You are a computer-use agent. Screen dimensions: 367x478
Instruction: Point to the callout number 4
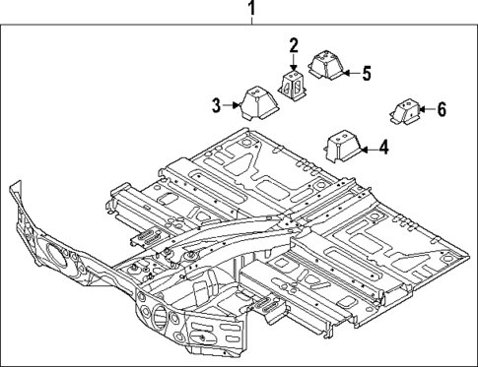[x=382, y=150]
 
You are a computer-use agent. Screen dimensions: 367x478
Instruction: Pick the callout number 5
[x=366, y=73]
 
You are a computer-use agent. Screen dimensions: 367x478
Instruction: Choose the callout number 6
[x=441, y=109]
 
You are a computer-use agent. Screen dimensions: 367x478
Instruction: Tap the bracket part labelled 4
[x=339, y=148]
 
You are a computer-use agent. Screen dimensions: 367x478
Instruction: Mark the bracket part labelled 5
[x=324, y=66]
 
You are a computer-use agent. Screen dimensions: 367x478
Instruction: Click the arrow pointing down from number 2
[x=293, y=61]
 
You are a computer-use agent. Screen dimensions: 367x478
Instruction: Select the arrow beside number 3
[x=233, y=102]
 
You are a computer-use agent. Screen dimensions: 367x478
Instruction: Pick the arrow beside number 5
[x=349, y=73]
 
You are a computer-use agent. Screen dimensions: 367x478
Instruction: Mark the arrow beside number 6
[x=424, y=109]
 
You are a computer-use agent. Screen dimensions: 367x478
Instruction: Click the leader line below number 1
[x=251, y=24]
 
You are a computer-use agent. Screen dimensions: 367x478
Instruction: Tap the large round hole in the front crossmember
[x=159, y=316]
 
